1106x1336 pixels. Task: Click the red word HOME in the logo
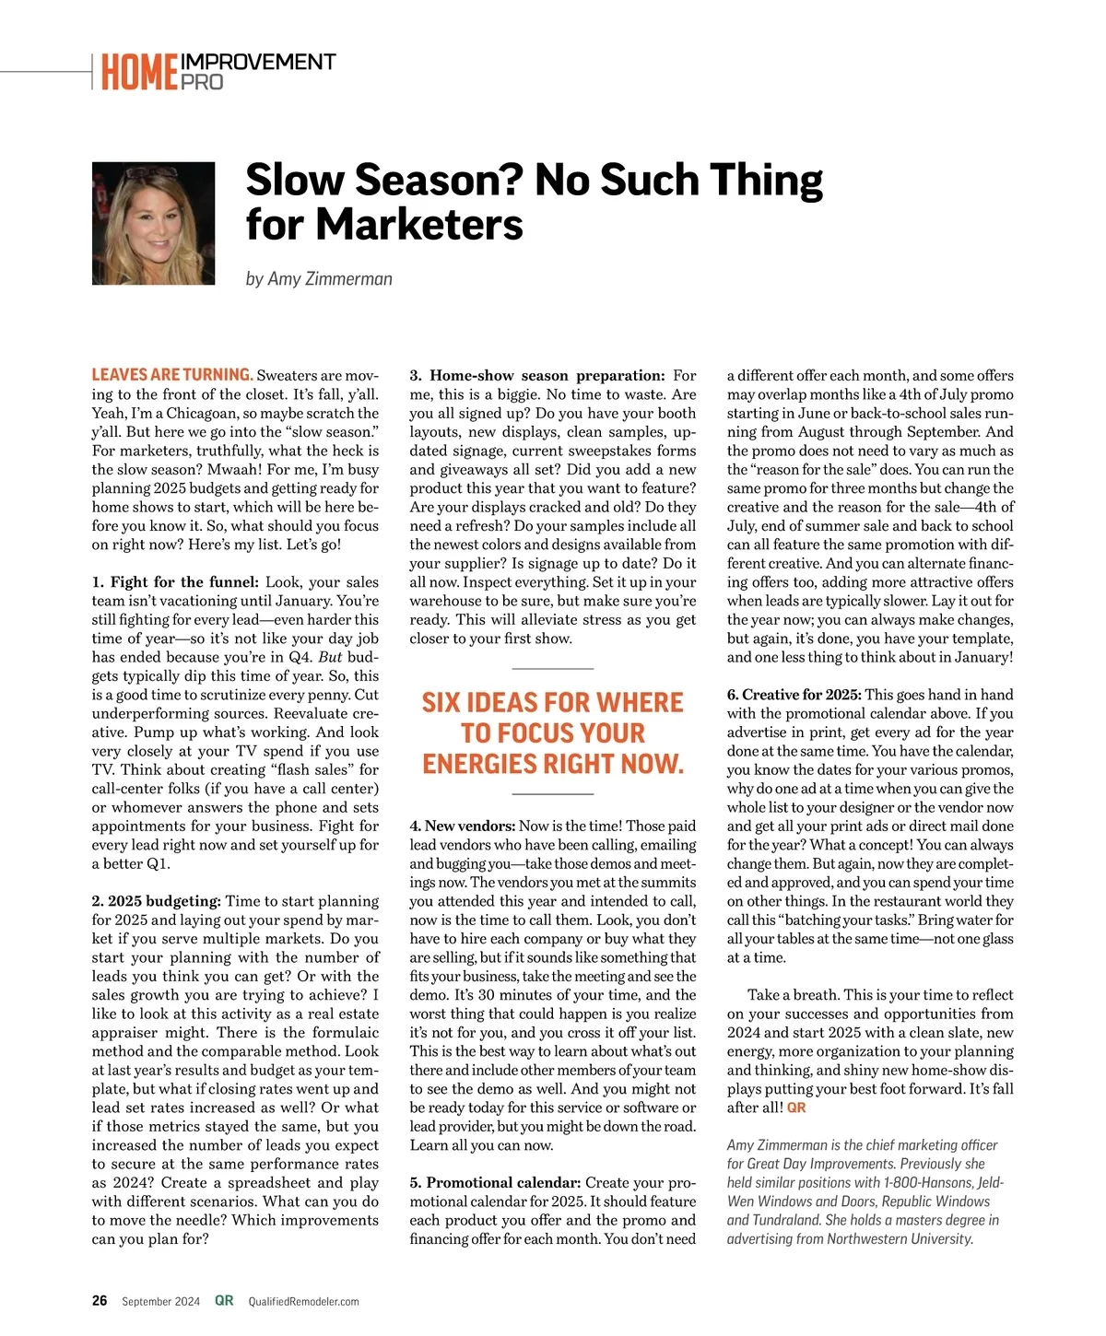pyautogui.click(x=139, y=73)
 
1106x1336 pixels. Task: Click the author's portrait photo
pyautogui.click(x=153, y=223)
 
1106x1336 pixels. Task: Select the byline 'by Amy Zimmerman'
pyautogui.click(x=319, y=278)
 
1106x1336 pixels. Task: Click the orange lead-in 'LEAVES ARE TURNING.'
pyautogui.click(x=171, y=374)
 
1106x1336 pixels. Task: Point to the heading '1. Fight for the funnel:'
pyautogui.click(x=175, y=581)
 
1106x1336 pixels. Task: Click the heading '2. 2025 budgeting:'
pyautogui.click(x=157, y=900)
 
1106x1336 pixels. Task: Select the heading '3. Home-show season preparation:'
pyautogui.click(x=537, y=375)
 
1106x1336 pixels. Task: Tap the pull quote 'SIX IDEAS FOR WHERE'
pyautogui.click(x=552, y=703)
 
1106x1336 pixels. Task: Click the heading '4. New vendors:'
pyautogui.click(x=462, y=826)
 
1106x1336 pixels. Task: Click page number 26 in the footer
pyautogui.click(x=100, y=1301)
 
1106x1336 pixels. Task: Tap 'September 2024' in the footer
pyautogui.click(x=160, y=1302)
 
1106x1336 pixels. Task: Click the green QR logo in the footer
pyautogui.click(x=224, y=1301)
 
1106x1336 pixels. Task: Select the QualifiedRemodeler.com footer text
pyautogui.click(x=304, y=1302)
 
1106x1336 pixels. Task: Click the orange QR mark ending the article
pyautogui.click(x=796, y=1107)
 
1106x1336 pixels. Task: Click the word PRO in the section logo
pyautogui.click(x=202, y=82)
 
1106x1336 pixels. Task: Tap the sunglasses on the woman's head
pyautogui.click(x=152, y=172)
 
